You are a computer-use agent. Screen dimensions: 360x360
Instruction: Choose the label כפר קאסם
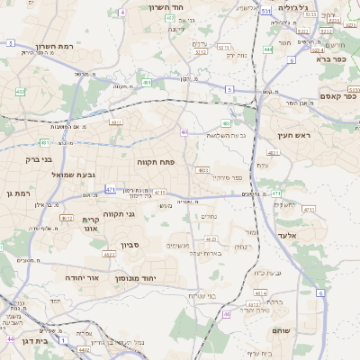point(337,95)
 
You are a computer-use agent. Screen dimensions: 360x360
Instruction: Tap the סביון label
point(130,245)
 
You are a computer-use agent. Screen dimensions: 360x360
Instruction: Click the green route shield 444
point(268,49)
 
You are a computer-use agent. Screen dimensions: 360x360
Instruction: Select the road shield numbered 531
point(265,13)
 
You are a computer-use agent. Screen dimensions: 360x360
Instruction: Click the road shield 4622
point(109,255)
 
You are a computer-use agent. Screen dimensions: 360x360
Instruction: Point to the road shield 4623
point(211,239)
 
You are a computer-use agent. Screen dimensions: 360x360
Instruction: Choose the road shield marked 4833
point(202,169)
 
